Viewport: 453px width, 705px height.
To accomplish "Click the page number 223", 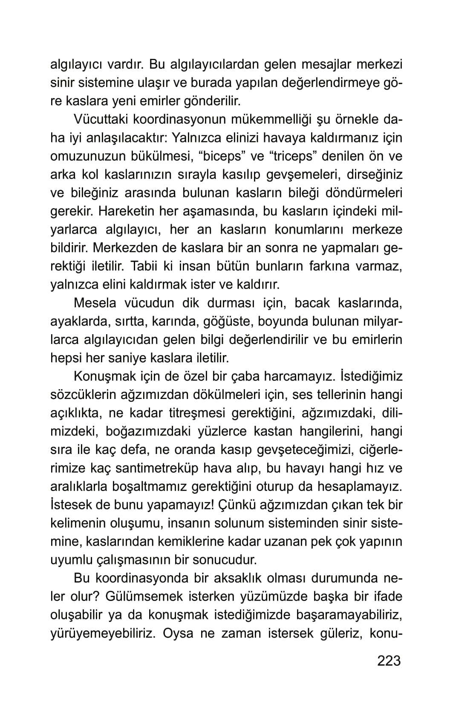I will click(389, 660).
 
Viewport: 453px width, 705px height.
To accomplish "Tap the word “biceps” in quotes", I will click(222, 156).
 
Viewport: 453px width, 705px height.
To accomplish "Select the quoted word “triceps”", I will click(292, 156).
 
